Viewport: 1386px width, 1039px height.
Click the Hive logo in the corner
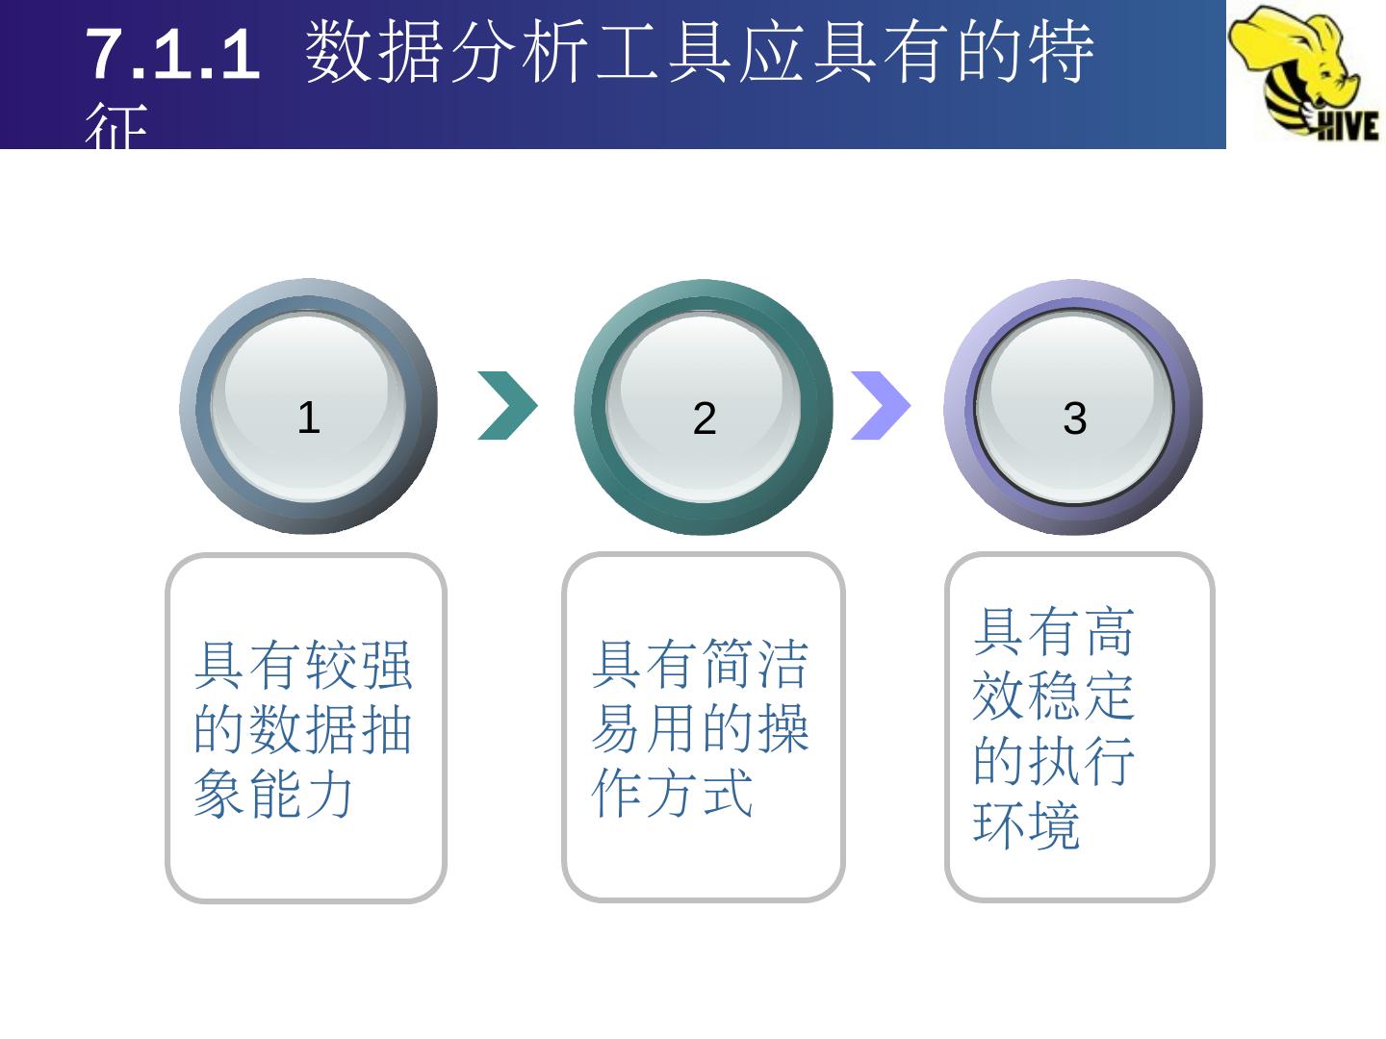[x=1304, y=72]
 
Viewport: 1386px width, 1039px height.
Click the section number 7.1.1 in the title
[x=173, y=55]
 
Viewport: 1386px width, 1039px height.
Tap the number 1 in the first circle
[x=308, y=418]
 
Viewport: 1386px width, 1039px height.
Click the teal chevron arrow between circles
[x=507, y=405]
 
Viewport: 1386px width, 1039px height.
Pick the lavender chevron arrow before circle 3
[x=880, y=405]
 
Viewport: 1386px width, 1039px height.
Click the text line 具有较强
[x=303, y=665]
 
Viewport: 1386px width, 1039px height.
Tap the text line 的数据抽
[x=303, y=729]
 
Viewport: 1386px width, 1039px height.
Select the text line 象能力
[x=275, y=795]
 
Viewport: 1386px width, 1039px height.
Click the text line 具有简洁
[x=700, y=665]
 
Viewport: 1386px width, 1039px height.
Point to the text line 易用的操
[x=700, y=729]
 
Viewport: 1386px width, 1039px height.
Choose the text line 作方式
[x=672, y=795]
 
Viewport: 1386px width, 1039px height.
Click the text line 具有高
[x=1054, y=631]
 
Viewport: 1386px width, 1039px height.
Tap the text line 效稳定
[x=1054, y=696]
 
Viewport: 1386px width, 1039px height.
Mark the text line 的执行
[x=1054, y=761]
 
